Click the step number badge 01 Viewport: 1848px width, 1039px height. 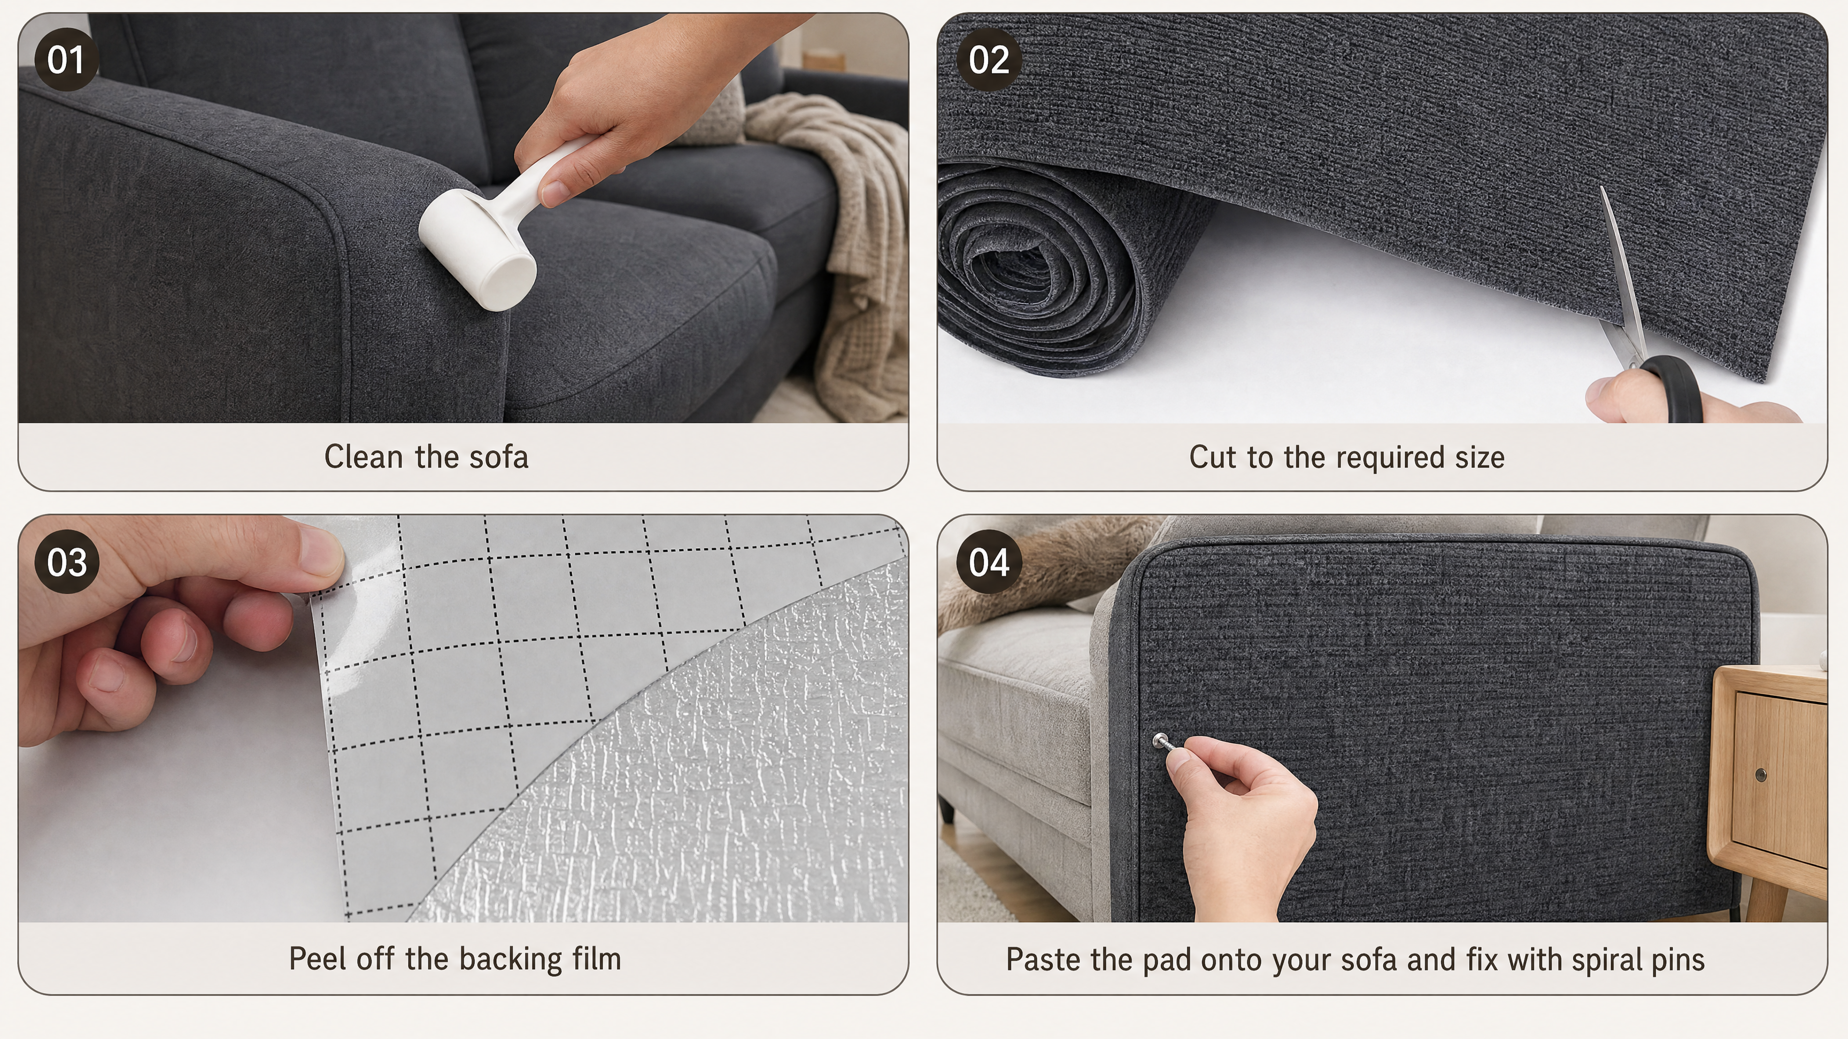coord(66,60)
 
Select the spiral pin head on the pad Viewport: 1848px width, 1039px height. coord(1159,739)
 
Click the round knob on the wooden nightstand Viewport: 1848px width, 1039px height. coord(1760,774)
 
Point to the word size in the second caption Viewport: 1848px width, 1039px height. coord(1479,457)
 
